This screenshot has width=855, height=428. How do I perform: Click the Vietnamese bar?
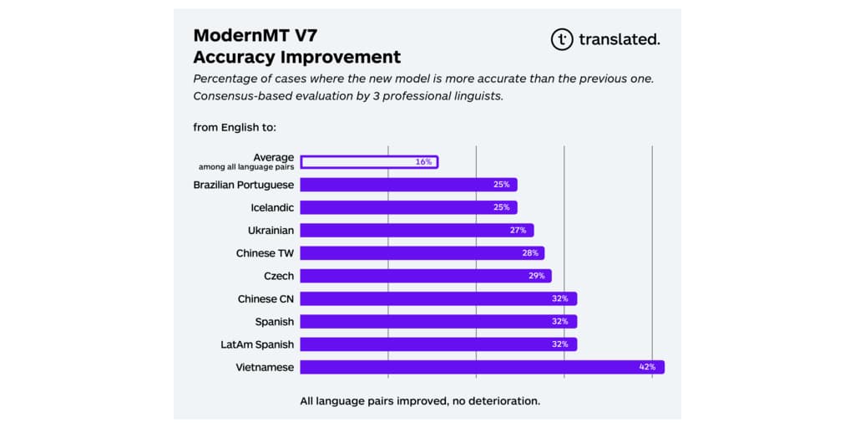point(482,366)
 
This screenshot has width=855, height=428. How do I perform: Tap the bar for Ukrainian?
point(416,230)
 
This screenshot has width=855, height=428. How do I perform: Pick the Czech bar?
point(425,276)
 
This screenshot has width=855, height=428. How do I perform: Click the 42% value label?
point(647,366)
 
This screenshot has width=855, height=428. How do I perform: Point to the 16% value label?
point(423,161)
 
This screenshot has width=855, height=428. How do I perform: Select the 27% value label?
point(518,230)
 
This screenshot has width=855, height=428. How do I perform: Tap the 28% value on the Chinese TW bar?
point(529,252)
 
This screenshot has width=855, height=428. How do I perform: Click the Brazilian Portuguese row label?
point(244,184)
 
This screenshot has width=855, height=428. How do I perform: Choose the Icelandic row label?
point(272,207)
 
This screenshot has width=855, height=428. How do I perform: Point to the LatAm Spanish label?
point(257,344)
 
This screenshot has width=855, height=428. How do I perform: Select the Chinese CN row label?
point(266,298)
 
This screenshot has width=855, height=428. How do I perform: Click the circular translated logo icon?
point(562,38)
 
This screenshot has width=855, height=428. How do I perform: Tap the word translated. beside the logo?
point(620,39)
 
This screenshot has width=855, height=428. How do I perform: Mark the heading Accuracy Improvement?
point(297,57)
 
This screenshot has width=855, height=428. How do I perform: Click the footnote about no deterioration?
point(420,401)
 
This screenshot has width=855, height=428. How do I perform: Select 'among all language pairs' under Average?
point(246,167)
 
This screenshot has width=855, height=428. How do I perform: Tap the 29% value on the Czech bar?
point(536,276)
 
